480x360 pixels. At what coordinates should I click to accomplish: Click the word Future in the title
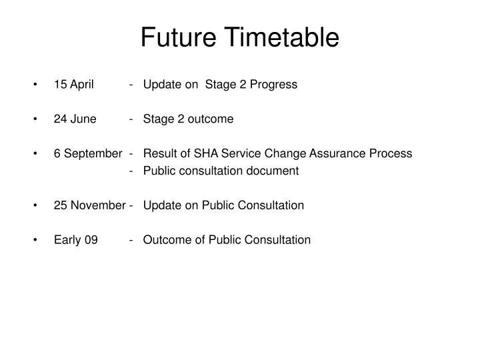coord(177,37)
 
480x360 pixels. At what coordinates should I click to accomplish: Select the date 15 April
coord(74,85)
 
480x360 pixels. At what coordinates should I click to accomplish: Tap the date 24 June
coord(75,119)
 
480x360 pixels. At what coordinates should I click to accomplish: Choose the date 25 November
coord(89,205)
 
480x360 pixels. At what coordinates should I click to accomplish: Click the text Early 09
coord(76,240)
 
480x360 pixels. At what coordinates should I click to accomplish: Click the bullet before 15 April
coord(34,85)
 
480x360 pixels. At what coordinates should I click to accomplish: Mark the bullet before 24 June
coord(34,120)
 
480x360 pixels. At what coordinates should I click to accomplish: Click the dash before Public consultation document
coord(134,171)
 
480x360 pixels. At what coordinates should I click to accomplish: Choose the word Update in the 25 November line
coord(160,205)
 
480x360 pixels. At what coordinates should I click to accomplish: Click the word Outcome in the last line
coord(164,240)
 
